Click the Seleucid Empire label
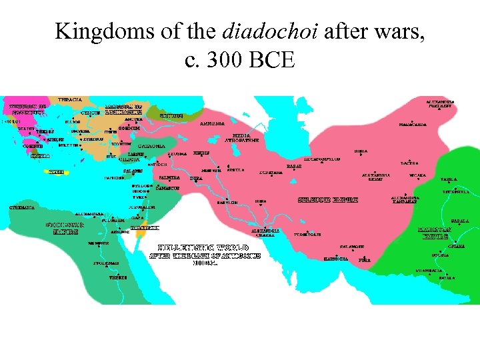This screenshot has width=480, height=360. tap(328, 199)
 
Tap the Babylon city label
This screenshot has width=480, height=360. tap(227, 202)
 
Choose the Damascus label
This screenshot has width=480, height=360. tap(168, 188)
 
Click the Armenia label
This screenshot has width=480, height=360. tap(211, 123)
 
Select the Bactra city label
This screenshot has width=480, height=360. tap(409, 163)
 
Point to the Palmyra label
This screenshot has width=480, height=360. tap(169, 178)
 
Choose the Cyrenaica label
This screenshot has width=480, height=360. tap(22, 207)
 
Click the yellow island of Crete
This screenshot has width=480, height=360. tap(57, 172)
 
